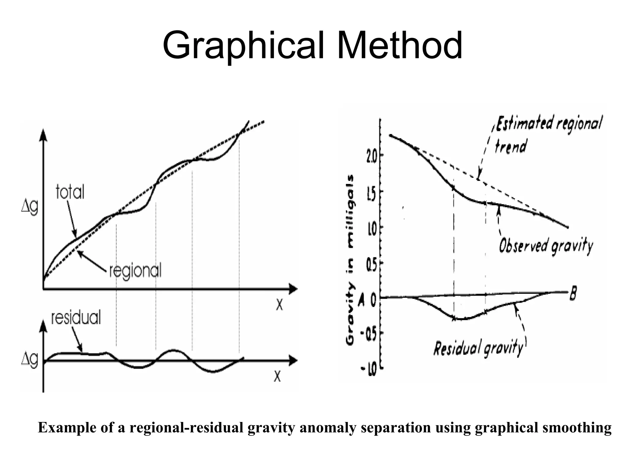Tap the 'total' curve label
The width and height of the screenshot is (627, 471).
(70, 193)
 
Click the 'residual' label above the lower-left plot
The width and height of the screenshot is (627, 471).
(76, 317)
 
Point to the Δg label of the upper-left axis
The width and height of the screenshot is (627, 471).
(30, 208)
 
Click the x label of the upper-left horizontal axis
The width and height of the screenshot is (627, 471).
(279, 304)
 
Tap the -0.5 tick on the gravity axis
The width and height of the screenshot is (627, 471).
(370, 333)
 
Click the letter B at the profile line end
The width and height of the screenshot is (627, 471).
(573, 294)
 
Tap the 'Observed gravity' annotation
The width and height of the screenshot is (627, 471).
(546, 246)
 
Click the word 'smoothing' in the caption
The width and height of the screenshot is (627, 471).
(577, 428)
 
